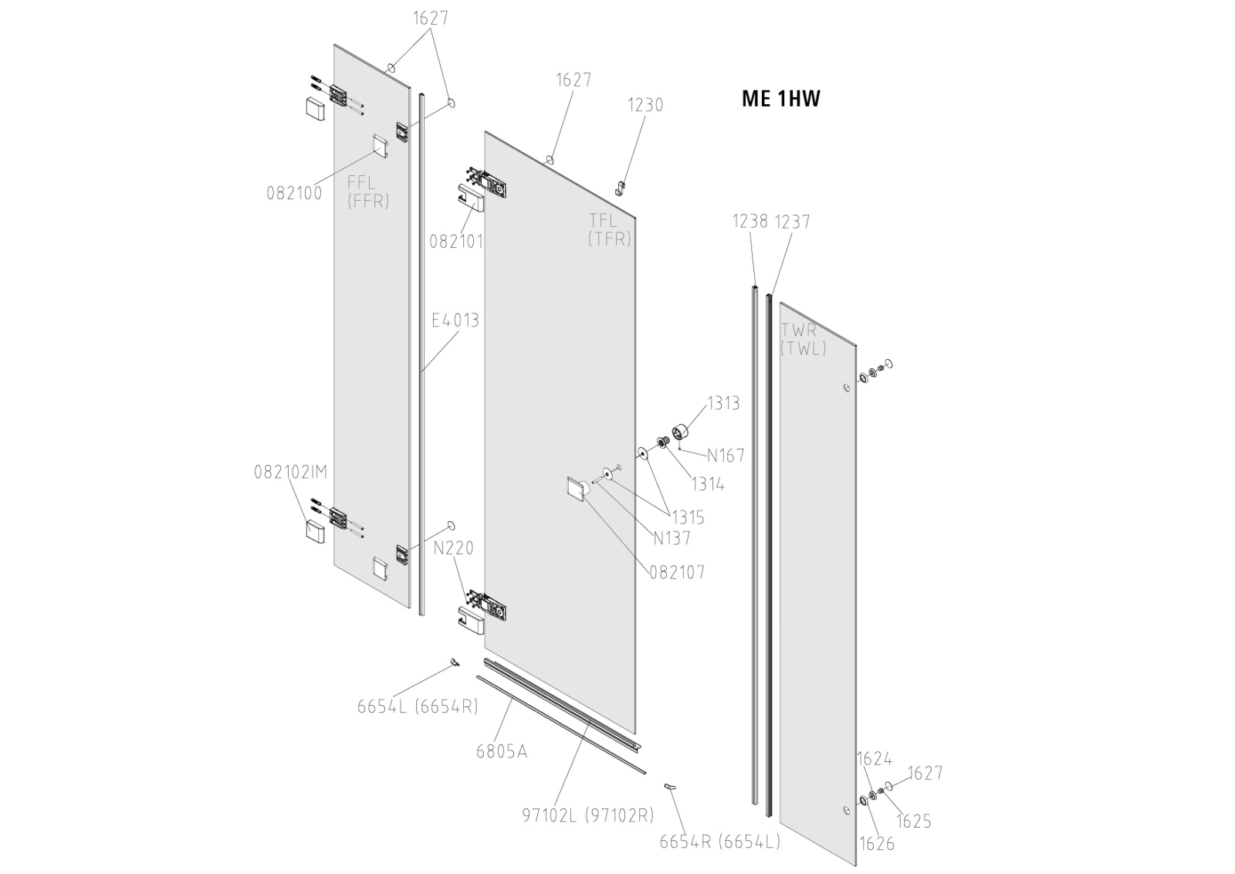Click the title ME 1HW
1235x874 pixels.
780,99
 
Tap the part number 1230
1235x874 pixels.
645,105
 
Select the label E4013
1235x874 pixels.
455,320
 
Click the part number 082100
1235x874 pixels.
294,193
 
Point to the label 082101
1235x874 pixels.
456,242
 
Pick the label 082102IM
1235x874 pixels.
291,472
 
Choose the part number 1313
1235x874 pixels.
723,403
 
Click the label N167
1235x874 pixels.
726,456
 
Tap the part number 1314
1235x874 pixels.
707,484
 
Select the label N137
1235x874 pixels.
672,538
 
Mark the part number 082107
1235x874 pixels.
676,572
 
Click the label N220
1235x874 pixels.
453,548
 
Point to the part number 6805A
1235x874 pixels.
501,750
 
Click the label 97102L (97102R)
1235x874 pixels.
587,815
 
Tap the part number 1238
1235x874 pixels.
749,222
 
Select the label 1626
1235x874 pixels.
876,843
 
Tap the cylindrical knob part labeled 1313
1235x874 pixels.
681,433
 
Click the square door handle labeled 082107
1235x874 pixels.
577,490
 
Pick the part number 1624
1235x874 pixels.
874,759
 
